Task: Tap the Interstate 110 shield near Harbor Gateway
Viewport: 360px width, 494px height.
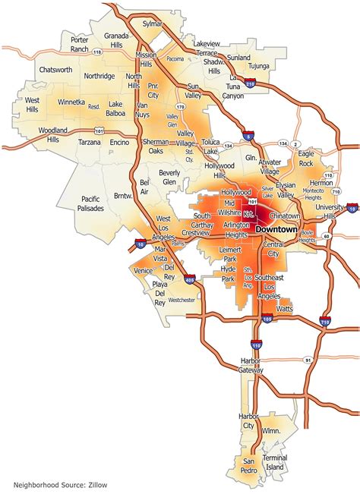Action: [x=256, y=345]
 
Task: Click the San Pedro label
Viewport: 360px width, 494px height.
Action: [x=249, y=464]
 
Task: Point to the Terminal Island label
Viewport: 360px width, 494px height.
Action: [x=274, y=464]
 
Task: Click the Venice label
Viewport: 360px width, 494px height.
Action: [x=143, y=270]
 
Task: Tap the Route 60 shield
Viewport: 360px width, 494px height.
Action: [x=326, y=236]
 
